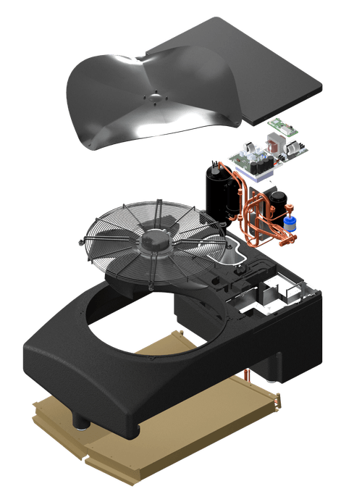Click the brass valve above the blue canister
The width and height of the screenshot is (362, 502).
pyautogui.click(x=292, y=209)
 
